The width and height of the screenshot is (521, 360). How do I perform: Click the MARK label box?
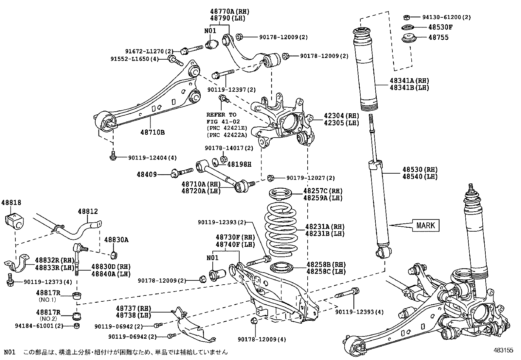tap(426, 225)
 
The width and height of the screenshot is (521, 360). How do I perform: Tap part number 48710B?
tap(153, 132)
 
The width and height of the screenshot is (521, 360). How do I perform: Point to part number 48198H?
tap(239, 164)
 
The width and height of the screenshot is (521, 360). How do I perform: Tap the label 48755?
tap(439, 37)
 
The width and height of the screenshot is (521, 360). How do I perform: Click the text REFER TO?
tap(221, 115)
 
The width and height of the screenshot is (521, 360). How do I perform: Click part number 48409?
tap(147, 175)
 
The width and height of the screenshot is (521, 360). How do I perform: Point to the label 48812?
tap(88, 212)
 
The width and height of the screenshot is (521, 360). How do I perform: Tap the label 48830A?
tap(116, 240)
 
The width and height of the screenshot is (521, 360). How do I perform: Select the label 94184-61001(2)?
tap(39, 326)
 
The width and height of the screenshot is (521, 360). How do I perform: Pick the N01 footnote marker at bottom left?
tap(9, 352)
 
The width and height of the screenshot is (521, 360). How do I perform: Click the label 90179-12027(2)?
tap(311, 178)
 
